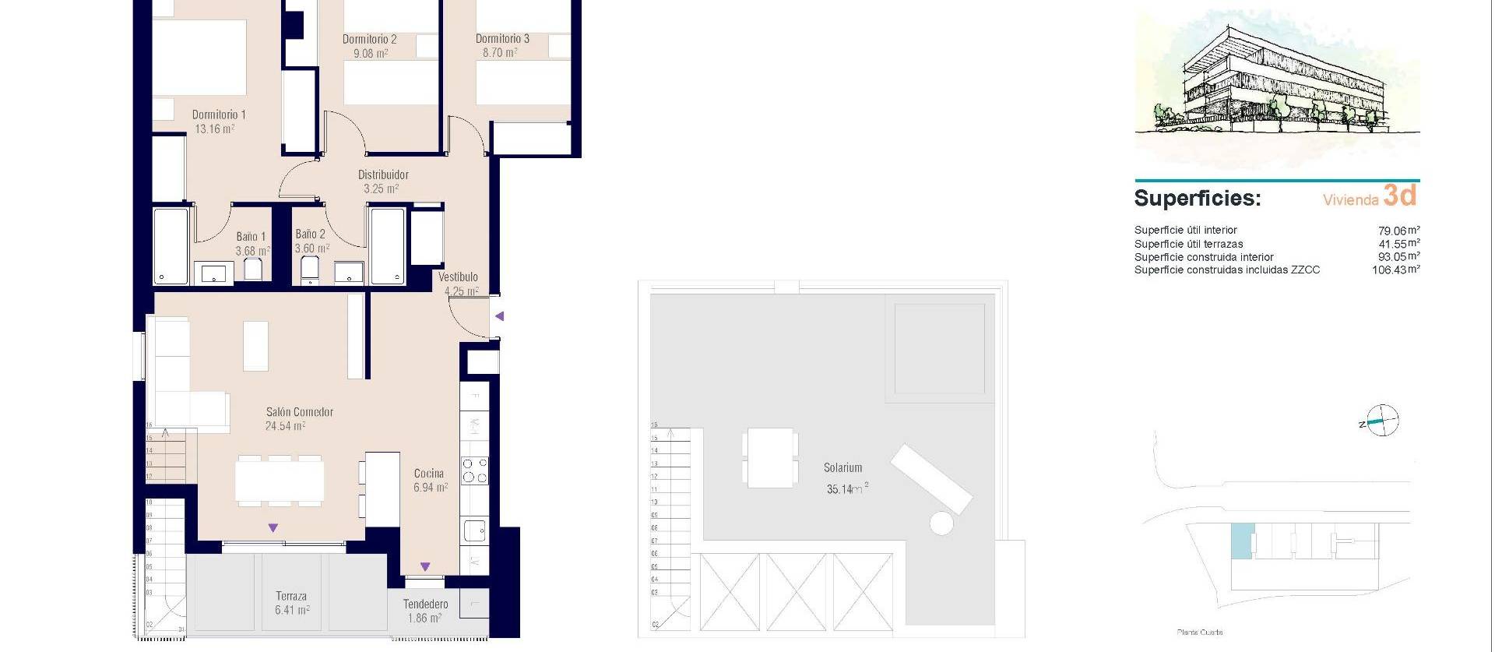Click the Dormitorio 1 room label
219,115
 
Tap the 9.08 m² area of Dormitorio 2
371,54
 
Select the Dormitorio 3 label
502,39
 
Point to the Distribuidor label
383,175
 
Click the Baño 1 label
251,237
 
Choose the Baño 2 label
310,234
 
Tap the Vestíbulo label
458,277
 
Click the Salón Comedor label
300,412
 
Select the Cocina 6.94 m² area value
431,488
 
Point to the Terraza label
291,596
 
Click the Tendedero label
425,604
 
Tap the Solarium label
843,468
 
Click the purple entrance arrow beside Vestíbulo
500,316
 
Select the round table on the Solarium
941,523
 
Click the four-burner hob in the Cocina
475,471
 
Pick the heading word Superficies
1197,198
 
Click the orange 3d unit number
1400,196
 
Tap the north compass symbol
1382,421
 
